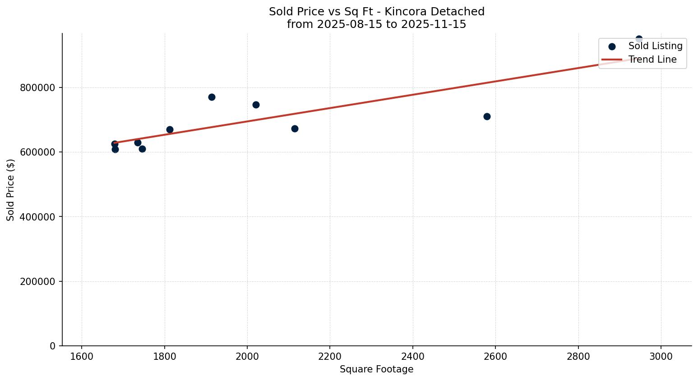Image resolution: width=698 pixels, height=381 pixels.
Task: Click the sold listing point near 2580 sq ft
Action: pyautogui.click(x=487, y=116)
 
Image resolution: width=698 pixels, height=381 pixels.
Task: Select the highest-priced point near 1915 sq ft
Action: pyautogui.click(x=212, y=97)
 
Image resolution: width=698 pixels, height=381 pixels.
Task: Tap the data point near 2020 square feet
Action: pyautogui.click(x=256, y=105)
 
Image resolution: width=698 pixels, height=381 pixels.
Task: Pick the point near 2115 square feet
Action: pyautogui.click(x=295, y=129)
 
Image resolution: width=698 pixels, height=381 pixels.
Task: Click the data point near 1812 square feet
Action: pyautogui.click(x=170, y=129)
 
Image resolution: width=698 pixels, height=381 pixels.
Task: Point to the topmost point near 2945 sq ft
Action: pyautogui.click(x=639, y=39)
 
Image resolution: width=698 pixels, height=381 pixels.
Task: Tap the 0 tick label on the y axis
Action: pyautogui.click(x=53, y=346)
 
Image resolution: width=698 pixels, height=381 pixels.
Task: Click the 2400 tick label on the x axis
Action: pyautogui.click(x=413, y=356)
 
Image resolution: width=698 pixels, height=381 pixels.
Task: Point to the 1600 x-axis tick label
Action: pyautogui.click(x=82, y=356)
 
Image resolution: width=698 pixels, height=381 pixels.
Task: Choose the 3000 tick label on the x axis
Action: pyautogui.click(x=661, y=356)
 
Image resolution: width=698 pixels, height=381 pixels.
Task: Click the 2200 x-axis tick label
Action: pyautogui.click(x=330, y=356)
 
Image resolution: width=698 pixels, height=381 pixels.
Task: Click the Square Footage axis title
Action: pyautogui.click(x=376, y=370)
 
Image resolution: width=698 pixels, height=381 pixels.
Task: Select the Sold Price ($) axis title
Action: pyautogui.click(x=11, y=190)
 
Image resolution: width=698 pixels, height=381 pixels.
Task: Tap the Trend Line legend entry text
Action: pyautogui.click(x=652, y=60)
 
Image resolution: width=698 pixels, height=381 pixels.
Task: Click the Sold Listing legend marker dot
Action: pyautogui.click(x=612, y=46)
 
